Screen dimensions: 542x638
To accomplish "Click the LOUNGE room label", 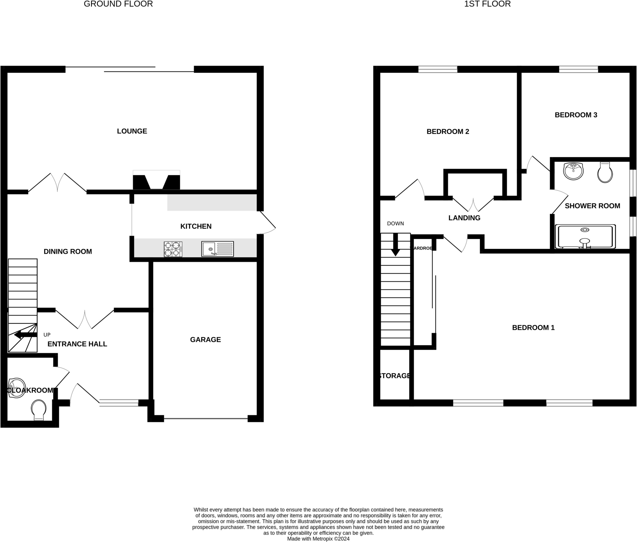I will pyautogui.click(x=132, y=131).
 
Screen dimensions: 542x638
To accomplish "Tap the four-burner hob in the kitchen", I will pyautogui.click(x=173, y=249).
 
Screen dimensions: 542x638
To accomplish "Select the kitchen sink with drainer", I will pyautogui.click(x=217, y=249).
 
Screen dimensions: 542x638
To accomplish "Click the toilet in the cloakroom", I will pyautogui.click(x=39, y=410).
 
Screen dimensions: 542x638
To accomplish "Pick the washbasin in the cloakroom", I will pyautogui.click(x=16, y=388).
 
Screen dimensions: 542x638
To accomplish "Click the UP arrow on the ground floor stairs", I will pyautogui.click(x=26, y=335).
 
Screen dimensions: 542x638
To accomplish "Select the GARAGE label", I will pyautogui.click(x=205, y=340).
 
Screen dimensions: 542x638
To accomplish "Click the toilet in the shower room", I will pyautogui.click(x=605, y=173).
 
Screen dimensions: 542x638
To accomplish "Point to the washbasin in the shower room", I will pyautogui.click(x=573, y=171).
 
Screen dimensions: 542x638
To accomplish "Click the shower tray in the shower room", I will pyautogui.click(x=585, y=237).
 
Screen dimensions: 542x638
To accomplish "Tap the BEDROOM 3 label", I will pyautogui.click(x=576, y=115).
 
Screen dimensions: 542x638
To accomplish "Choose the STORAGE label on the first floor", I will pyautogui.click(x=394, y=376).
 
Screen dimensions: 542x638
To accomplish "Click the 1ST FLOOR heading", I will pyautogui.click(x=487, y=4).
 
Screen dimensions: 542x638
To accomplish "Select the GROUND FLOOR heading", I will pyautogui.click(x=118, y=4).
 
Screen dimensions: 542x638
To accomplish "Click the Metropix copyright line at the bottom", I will pyautogui.click(x=318, y=539).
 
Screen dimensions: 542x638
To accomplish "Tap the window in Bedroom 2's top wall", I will pyautogui.click(x=437, y=69).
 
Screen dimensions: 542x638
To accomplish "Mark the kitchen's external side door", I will pyautogui.click(x=267, y=222).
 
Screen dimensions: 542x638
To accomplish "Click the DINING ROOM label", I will pyautogui.click(x=68, y=252).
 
